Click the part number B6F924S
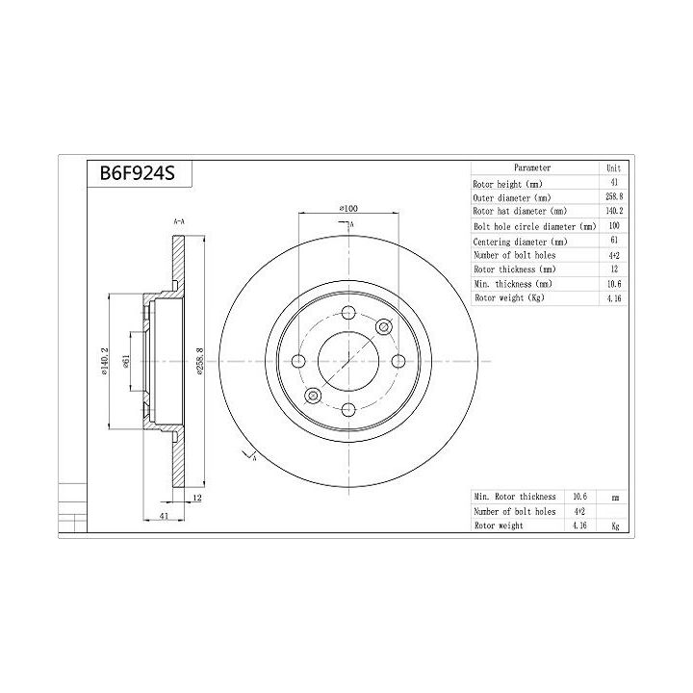pyautogui.click(x=138, y=173)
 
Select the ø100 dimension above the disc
pyautogui.click(x=348, y=208)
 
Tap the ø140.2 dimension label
pyautogui.click(x=104, y=361)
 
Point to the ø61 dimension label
pyautogui.click(x=125, y=361)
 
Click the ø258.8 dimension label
pyautogui.click(x=200, y=361)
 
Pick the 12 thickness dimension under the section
pyautogui.click(x=197, y=498)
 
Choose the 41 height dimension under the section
pyautogui.click(x=164, y=515)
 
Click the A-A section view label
pyautogui.click(x=179, y=221)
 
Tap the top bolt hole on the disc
pyautogui.click(x=348, y=313)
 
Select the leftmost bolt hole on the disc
pyautogui.click(x=299, y=361)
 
